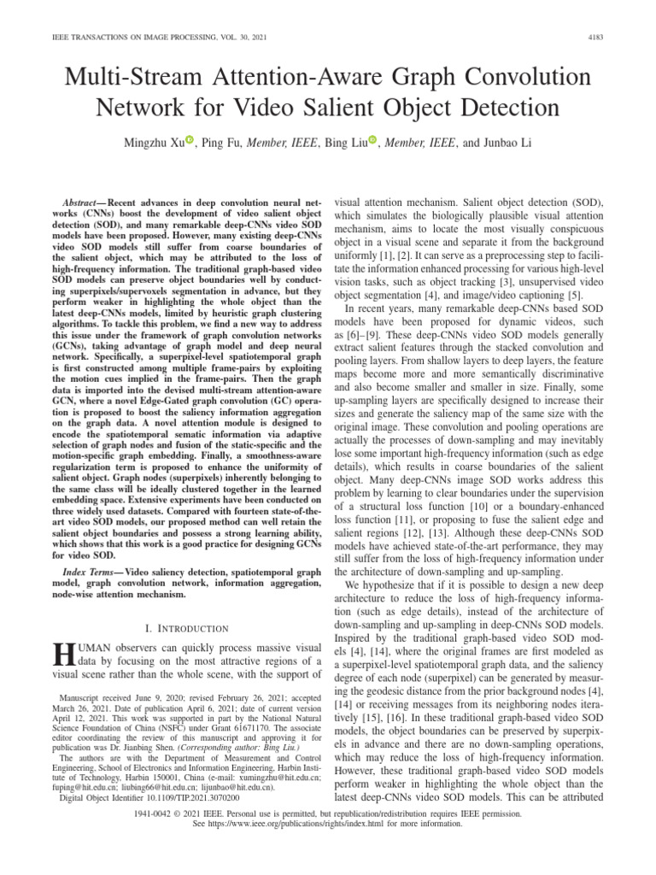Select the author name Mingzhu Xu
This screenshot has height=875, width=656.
156,143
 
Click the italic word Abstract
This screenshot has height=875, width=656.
71,197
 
